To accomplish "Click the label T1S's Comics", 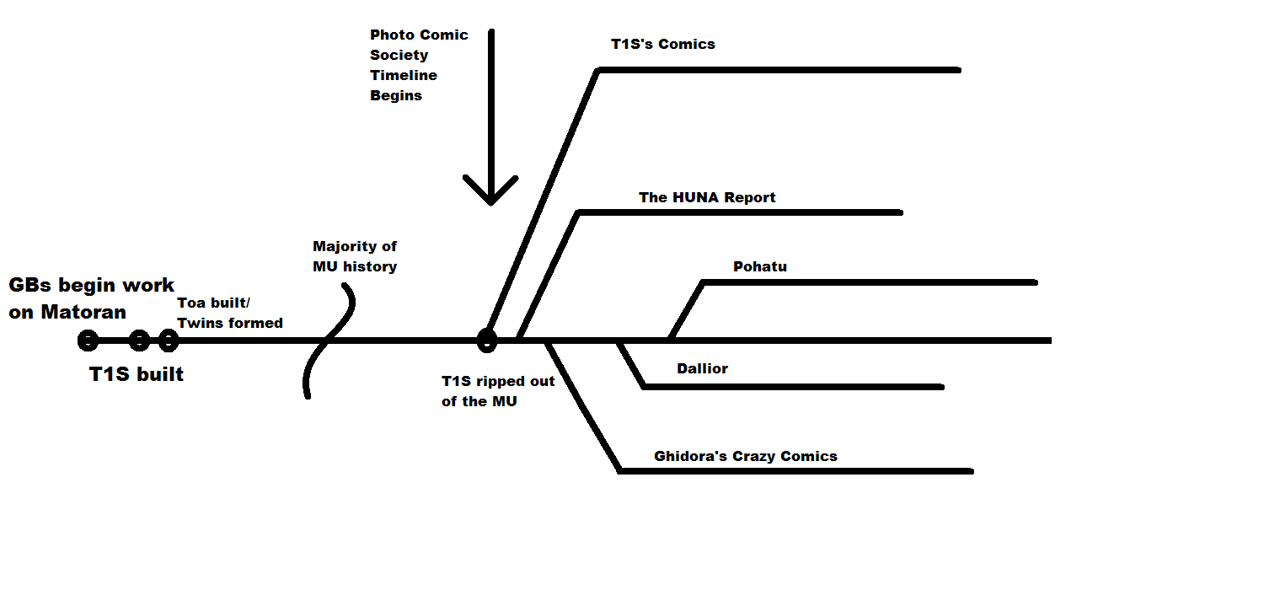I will [662, 44].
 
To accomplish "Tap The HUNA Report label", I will [707, 197].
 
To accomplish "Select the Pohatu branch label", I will [760, 267].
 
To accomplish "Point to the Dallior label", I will [702, 368].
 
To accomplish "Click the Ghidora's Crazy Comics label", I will [745, 456].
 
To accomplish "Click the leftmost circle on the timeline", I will [88, 341].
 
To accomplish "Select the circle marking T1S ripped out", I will [486, 341].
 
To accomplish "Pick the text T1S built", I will [137, 374].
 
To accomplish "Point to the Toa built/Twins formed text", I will [229, 313].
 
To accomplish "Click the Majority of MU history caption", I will [355, 256].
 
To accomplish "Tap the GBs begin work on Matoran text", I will [91, 298].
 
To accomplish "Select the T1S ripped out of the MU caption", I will [498, 391].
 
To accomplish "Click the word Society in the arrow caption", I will [399, 55].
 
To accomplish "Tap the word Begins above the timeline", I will [396, 95].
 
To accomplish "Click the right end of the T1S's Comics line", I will [958, 70].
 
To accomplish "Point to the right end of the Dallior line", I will [940, 387].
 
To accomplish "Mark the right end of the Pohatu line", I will [1034, 282].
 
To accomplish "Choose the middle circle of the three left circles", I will [139, 341].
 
